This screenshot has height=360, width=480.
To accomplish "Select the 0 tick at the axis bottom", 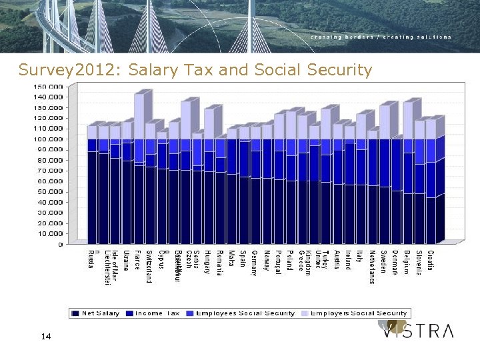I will [x=61, y=244].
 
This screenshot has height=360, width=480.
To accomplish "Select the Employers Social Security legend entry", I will [x=358, y=313].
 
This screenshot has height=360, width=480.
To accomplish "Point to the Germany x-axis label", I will [x=254, y=263].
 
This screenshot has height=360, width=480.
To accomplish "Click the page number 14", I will [x=46, y=337].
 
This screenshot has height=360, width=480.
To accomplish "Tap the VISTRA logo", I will [x=417, y=331].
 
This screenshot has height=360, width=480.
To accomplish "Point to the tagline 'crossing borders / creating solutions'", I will [x=381, y=37].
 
